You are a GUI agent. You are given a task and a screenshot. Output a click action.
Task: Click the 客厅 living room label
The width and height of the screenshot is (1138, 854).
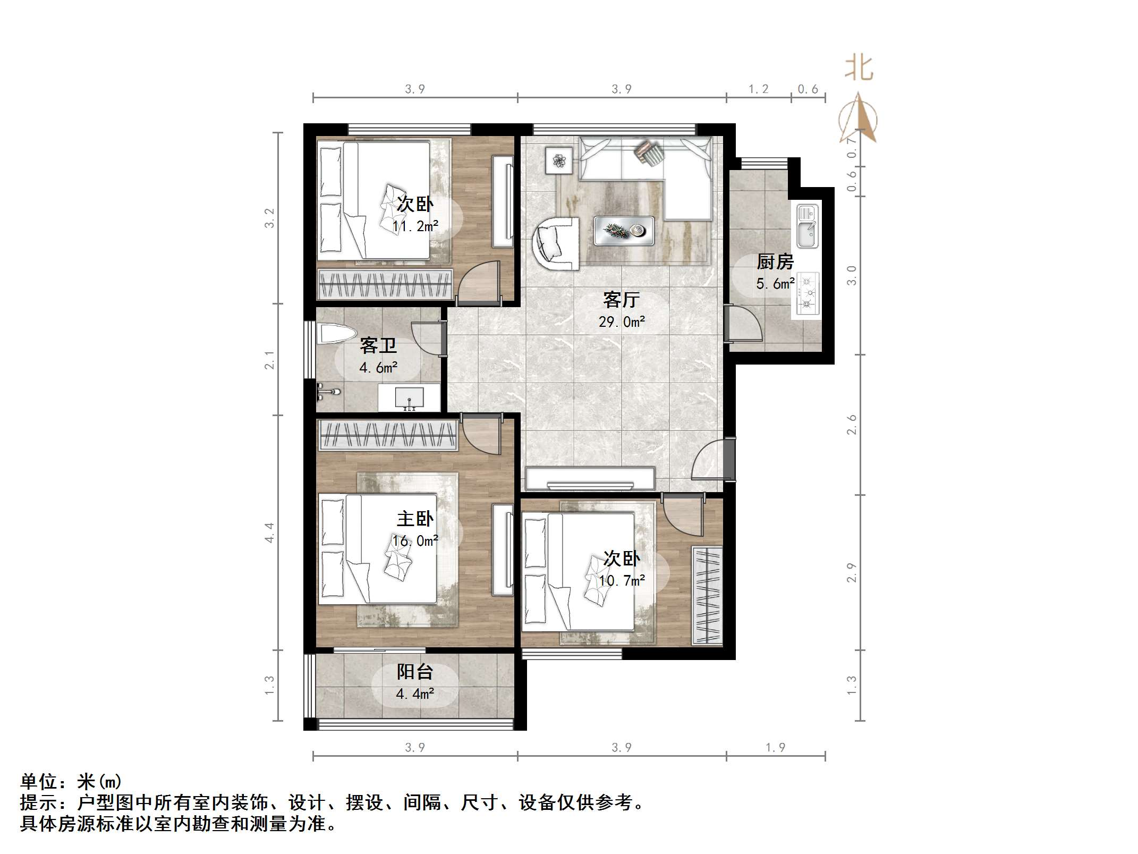(x=621, y=300)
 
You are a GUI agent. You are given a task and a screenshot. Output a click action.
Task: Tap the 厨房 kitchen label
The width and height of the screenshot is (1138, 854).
(x=775, y=262)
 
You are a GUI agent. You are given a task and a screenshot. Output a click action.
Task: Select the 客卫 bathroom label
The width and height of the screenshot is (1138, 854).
(x=378, y=346)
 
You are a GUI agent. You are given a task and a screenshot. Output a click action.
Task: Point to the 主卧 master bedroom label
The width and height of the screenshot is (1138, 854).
(x=415, y=519)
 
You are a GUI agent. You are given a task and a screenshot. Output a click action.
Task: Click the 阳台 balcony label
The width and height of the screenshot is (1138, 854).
(x=415, y=672)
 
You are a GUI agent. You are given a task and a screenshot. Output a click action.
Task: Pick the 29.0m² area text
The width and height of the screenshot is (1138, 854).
(x=622, y=322)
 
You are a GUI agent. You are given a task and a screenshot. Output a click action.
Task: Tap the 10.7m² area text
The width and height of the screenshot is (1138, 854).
(x=622, y=581)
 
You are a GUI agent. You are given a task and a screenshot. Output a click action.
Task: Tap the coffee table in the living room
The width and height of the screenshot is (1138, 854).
(x=624, y=231)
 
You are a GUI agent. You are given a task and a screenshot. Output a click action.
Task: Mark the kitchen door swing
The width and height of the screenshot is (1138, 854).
(x=744, y=324)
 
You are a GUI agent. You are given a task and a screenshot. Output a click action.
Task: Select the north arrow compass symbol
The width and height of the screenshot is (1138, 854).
(x=858, y=120)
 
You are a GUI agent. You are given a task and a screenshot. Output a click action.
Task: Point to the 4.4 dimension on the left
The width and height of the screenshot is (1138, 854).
(x=270, y=532)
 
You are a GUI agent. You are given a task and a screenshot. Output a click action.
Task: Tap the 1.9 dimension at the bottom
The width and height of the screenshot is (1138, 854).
(x=775, y=747)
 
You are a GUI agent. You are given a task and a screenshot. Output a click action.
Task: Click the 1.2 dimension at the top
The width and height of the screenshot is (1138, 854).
(x=758, y=89)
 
